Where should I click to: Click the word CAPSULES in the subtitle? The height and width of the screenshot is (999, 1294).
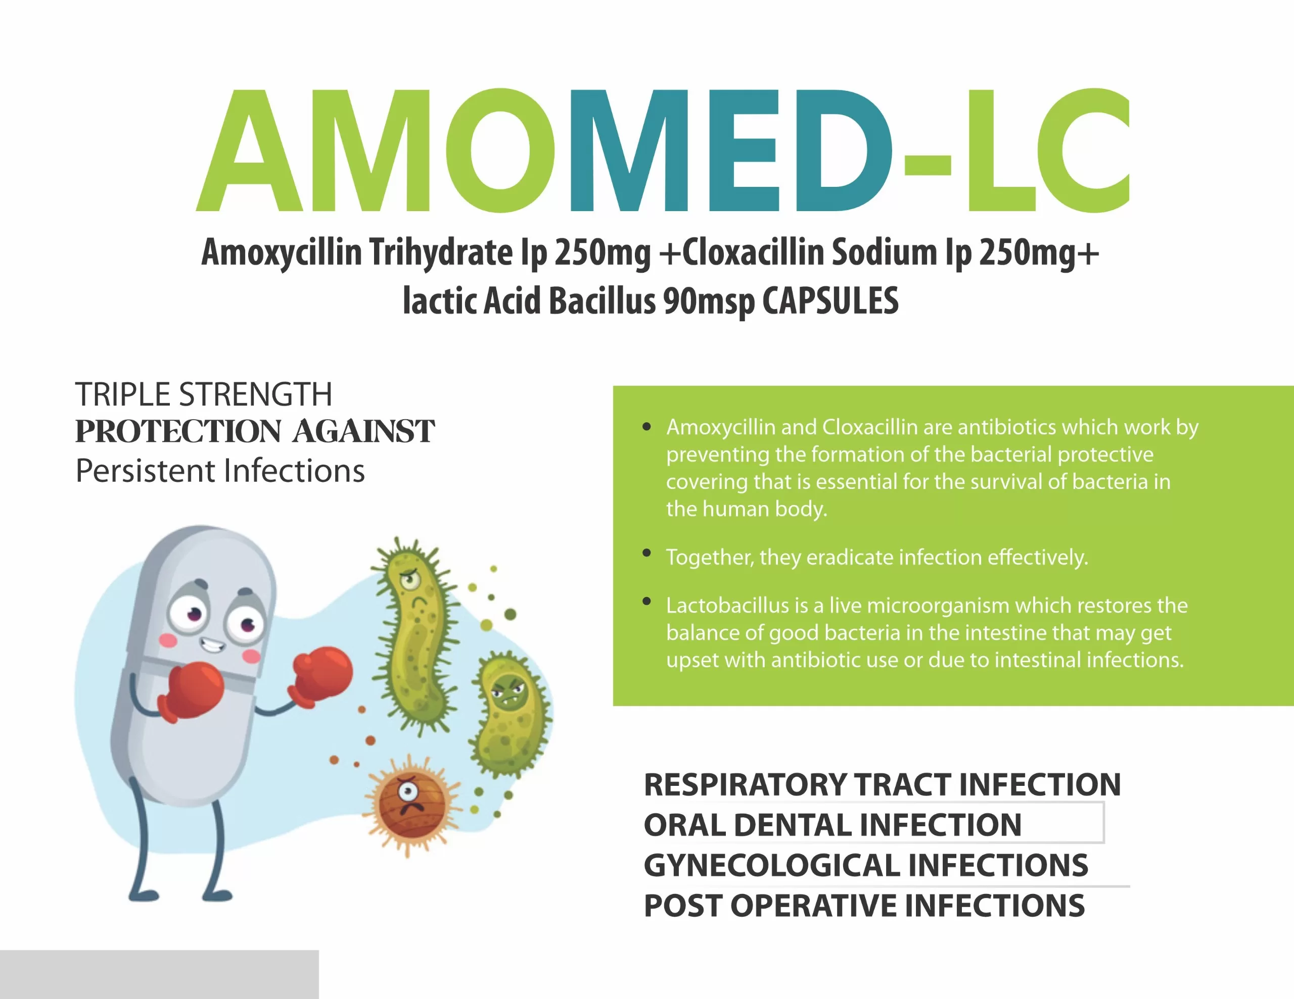pyautogui.click(x=829, y=301)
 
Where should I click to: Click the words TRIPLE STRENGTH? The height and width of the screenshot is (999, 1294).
pyautogui.click(x=203, y=394)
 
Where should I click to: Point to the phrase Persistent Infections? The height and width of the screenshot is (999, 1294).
pyautogui.click(x=220, y=471)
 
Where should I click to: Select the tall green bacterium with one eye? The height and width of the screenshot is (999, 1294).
pyautogui.click(x=416, y=635)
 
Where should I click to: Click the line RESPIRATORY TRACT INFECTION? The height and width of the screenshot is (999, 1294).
pyautogui.click(x=882, y=785)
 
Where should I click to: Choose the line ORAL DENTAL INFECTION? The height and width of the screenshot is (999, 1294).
pyautogui.click(x=833, y=825)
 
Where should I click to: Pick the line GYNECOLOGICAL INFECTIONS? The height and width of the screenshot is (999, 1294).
pyautogui.click(x=866, y=865)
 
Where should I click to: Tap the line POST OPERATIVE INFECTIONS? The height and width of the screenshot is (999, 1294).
pyautogui.click(x=864, y=906)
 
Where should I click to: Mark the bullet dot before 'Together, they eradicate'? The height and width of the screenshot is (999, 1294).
pyautogui.click(x=647, y=553)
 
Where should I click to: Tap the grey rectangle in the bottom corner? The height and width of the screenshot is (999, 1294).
pyautogui.click(x=159, y=974)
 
